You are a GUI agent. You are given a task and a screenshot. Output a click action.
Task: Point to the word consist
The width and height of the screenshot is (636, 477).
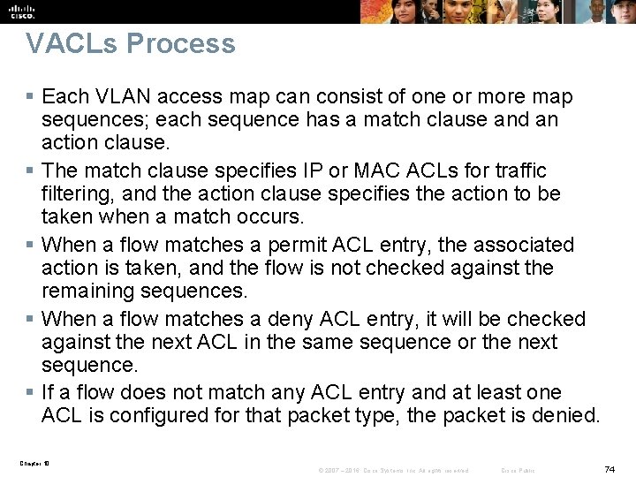pos(332,96)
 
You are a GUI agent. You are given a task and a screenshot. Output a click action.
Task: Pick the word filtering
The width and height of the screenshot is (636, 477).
pos(77,193)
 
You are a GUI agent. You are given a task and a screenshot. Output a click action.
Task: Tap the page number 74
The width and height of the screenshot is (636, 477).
pos(609,468)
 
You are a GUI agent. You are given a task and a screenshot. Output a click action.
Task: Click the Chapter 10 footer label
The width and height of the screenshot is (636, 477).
pos(35,462)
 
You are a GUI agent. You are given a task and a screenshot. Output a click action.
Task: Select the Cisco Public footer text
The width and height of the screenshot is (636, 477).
pos(518,470)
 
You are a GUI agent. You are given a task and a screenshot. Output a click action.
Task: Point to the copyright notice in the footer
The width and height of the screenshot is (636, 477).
pos(393,470)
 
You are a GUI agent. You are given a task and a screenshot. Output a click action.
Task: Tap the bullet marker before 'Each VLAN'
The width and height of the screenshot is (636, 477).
pos(30,96)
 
